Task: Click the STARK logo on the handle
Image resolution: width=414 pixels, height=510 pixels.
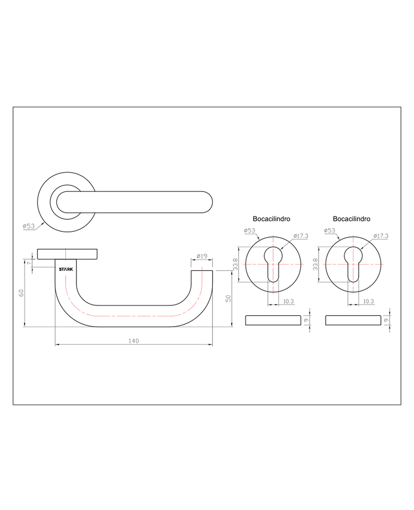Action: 66,269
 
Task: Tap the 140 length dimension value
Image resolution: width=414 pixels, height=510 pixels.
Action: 133,341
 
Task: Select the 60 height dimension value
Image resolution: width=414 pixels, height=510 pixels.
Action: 21,293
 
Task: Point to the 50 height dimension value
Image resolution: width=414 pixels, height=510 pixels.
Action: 228,299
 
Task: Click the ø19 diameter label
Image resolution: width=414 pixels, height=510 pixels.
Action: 202,256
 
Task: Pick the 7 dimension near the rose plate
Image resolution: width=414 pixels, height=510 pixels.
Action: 29,263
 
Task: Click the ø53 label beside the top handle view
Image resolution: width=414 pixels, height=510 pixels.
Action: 29,226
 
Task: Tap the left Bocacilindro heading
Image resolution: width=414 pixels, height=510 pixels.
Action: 271,219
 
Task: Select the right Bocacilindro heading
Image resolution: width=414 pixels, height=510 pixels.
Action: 352,219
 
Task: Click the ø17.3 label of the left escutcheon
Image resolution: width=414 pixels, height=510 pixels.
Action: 301,236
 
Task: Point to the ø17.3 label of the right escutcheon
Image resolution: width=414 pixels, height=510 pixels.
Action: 381,236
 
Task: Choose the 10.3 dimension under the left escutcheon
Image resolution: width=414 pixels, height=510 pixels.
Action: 289,301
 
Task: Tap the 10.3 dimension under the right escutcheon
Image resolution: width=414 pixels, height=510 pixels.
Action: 368,301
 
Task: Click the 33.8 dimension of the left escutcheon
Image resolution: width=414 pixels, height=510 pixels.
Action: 235,264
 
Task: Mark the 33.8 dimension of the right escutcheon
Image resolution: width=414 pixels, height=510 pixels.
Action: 316,264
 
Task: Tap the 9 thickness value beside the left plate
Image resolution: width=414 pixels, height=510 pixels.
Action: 306,320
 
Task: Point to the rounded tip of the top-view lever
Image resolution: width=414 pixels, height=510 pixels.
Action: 212,202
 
